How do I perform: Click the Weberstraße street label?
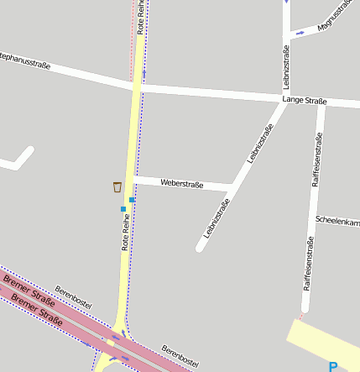(181, 182)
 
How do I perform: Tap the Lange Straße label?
(305, 101)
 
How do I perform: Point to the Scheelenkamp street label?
(337, 221)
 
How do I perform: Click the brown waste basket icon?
(116, 186)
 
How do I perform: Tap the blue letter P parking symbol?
(333, 366)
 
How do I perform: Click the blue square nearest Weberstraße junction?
(132, 200)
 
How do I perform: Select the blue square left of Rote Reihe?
(123, 208)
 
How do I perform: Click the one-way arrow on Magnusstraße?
(300, 33)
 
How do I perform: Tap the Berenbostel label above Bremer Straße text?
(73, 295)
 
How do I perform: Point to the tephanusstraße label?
(26, 60)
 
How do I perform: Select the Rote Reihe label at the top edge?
(140, 17)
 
